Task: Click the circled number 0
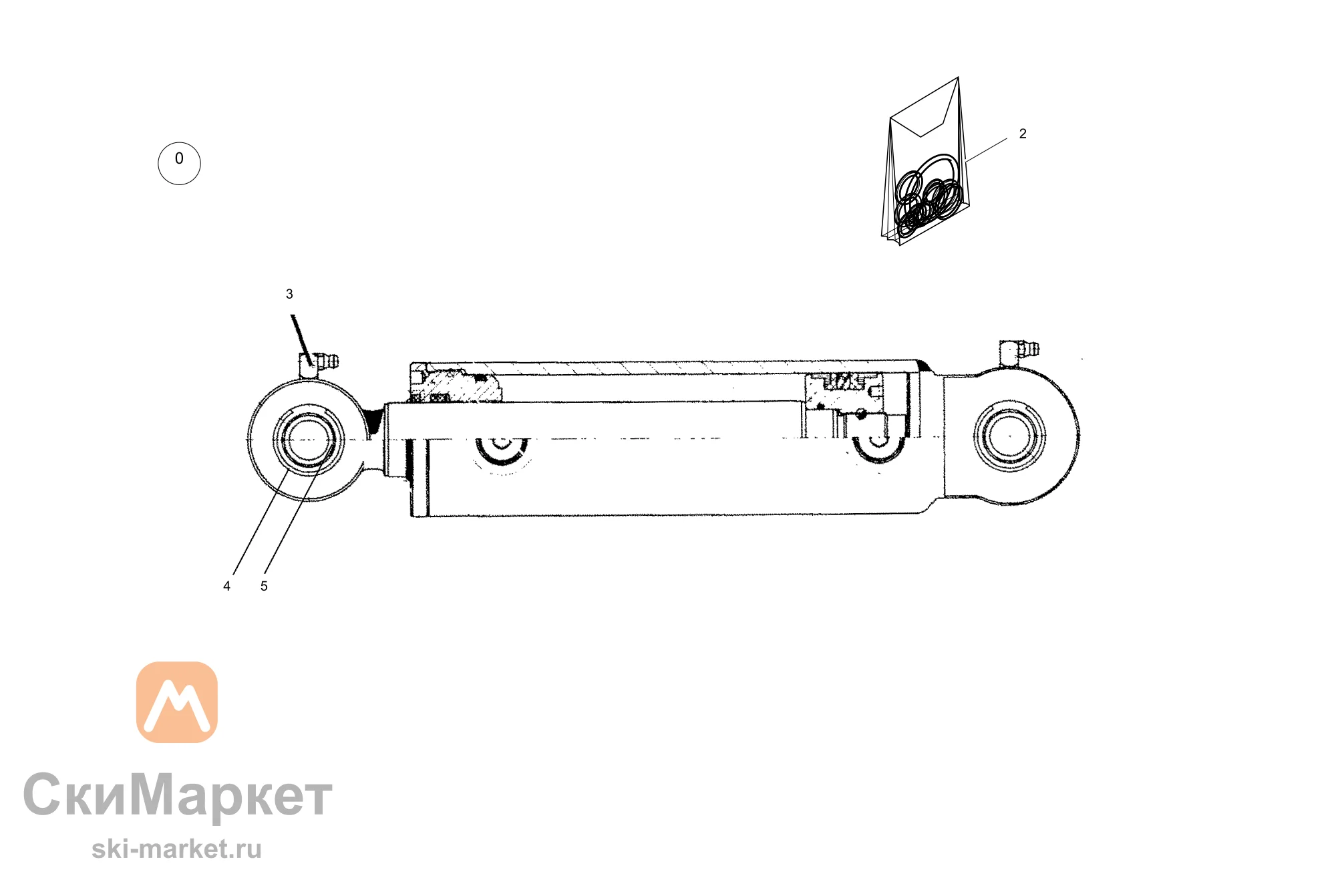(179, 163)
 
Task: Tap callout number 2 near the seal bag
(1023, 134)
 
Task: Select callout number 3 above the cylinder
(289, 294)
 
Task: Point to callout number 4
(226, 586)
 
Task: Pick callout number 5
(264, 586)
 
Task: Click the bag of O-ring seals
(925, 162)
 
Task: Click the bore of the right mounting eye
(1010, 436)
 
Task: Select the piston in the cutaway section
(845, 394)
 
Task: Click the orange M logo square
(177, 702)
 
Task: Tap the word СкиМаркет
(178, 795)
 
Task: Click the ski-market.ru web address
(176, 849)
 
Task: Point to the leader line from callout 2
(986, 150)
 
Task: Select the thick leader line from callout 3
(301, 339)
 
